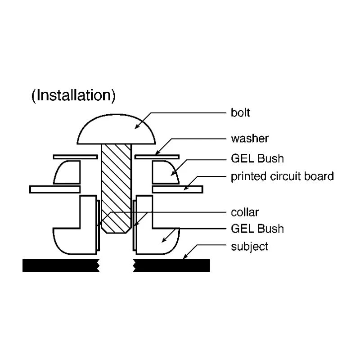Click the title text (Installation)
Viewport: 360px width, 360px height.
click(x=73, y=95)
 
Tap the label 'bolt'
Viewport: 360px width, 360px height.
click(x=240, y=113)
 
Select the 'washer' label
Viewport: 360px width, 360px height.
click(x=250, y=139)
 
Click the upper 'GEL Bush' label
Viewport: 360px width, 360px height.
click(x=257, y=158)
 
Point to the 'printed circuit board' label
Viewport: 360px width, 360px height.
click(x=282, y=176)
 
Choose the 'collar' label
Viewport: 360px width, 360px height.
click(x=245, y=212)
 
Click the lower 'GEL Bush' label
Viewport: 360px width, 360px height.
click(x=257, y=229)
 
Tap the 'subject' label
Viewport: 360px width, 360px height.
click(x=250, y=247)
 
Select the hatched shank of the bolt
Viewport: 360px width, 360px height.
click(x=117, y=188)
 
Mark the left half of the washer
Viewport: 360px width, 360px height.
click(x=76, y=157)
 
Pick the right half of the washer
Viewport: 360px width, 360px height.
click(x=157, y=157)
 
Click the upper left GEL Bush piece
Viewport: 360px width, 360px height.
click(x=68, y=173)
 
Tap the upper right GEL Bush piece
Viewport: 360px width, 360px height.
click(x=164, y=173)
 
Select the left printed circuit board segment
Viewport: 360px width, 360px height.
click(x=55, y=189)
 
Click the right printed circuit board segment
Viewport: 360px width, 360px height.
click(x=177, y=189)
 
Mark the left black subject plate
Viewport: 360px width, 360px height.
click(x=61, y=265)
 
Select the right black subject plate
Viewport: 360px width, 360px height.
click(x=171, y=265)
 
